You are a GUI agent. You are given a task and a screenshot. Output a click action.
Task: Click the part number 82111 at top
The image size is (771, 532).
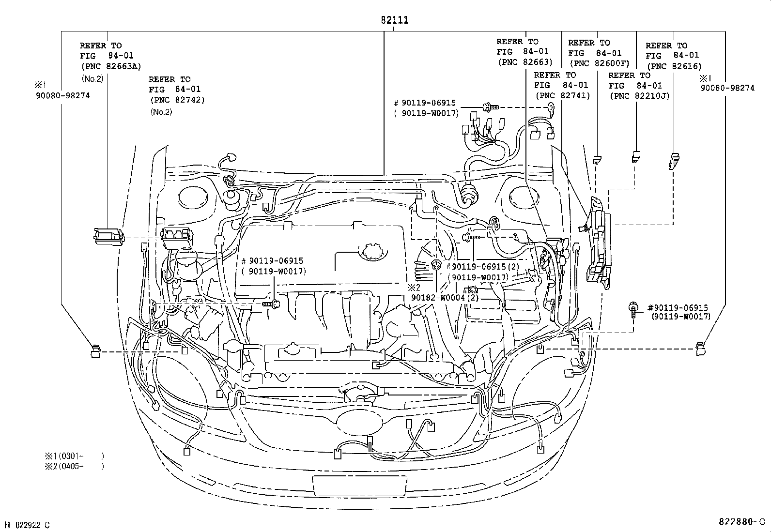pos(394,20)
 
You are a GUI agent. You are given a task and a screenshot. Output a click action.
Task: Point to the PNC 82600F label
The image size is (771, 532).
pos(599,63)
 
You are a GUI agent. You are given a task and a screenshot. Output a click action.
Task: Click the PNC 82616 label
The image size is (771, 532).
pos(673,66)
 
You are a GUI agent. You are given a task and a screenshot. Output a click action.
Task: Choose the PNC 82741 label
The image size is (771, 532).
pos(562,95)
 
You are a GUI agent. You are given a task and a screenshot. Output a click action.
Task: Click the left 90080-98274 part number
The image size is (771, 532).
pos(62,95)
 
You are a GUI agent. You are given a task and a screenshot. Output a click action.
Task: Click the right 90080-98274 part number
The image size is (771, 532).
pos(727,88)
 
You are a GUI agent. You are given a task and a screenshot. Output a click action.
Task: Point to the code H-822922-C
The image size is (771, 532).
pos(27,525)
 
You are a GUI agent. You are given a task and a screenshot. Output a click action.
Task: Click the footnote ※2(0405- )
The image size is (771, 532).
pos(74,466)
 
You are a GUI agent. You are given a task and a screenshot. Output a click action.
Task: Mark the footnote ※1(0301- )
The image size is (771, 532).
pos(74,456)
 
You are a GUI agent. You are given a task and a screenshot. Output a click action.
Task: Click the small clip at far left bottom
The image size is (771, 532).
pos(95,351)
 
